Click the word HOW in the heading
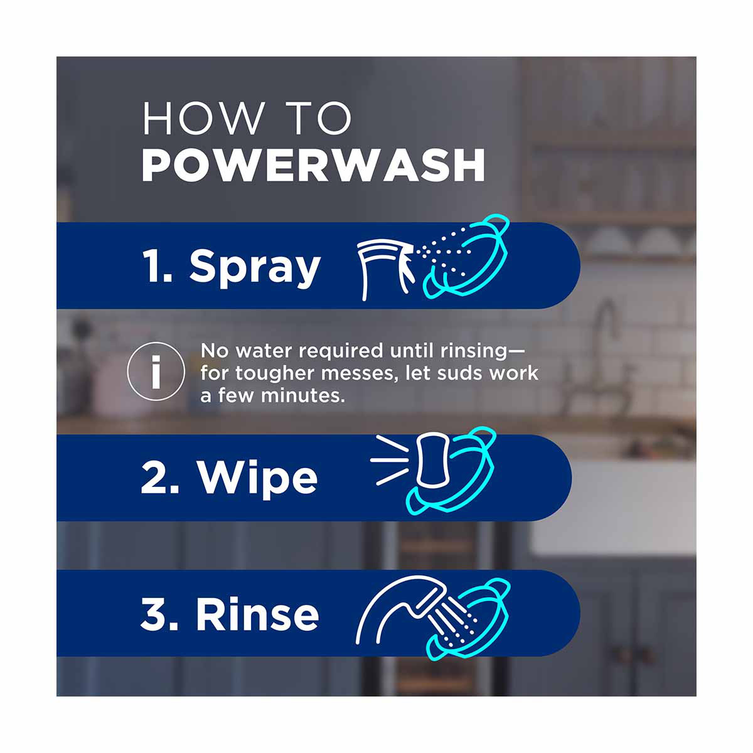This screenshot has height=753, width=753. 203,118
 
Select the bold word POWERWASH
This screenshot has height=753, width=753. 313,165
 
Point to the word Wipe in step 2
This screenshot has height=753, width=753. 257,478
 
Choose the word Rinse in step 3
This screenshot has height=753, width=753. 257,614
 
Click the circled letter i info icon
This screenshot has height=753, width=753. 156,371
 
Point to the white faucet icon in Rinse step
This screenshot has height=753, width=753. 415,612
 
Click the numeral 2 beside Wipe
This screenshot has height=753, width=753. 153,476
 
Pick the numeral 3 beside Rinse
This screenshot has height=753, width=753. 152,614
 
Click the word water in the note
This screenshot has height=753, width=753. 264,351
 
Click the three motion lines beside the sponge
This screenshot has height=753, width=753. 389,461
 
